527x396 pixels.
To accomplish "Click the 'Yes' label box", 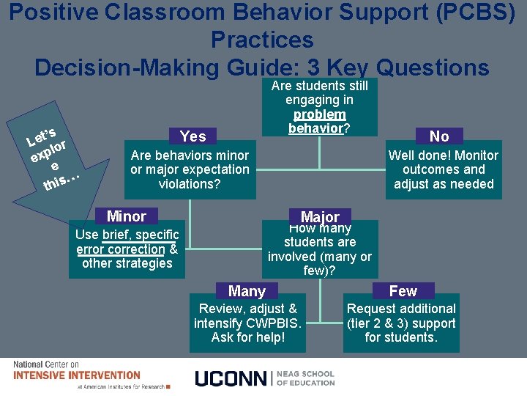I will [193, 136].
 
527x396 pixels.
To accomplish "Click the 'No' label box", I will [439, 136].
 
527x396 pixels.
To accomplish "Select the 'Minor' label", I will [126, 216].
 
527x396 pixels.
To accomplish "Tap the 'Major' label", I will [320, 217].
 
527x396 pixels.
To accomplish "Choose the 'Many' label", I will [247, 291].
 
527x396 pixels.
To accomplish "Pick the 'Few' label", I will [403, 291].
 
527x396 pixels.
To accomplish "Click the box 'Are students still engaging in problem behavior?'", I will [319, 107].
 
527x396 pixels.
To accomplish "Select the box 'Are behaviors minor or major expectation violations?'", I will [190, 170].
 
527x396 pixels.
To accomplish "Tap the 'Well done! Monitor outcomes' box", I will [443, 170].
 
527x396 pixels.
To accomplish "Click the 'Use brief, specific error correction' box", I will [127, 249].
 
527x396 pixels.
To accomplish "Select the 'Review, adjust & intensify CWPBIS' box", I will [247, 323].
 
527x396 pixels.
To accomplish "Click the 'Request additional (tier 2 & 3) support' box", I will [400, 323].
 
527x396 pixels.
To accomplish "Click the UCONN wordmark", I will [231, 378].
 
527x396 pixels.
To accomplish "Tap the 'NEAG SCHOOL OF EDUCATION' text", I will [306, 378].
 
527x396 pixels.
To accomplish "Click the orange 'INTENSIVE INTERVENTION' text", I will [77, 375].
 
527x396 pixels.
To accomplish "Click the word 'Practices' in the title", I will [261, 40].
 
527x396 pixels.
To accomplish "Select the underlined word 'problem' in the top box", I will [319, 114].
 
